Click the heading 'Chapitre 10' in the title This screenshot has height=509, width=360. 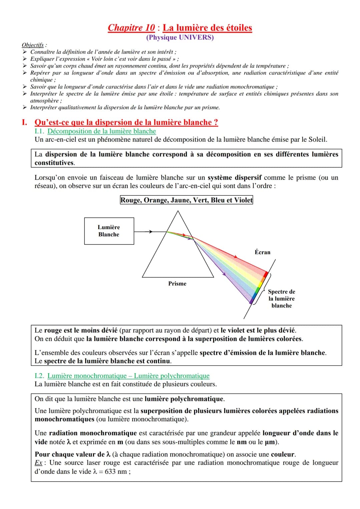[x=131, y=28]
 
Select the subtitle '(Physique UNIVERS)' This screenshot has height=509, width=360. [x=180, y=37]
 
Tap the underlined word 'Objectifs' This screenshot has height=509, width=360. [x=33, y=45]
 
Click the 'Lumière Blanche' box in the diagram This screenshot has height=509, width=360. [x=109, y=231]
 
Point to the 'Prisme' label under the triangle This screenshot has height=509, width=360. [x=177, y=283]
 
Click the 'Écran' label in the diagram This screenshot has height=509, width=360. [x=262, y=252]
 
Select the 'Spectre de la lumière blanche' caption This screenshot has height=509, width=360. [x=281, y=298]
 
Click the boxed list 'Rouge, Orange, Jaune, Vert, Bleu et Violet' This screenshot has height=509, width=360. [x=186, y=200]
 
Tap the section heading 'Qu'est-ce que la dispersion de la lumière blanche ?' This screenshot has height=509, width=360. [x=126, y=122]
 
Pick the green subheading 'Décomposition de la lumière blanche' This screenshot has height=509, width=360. [x=102, y=131]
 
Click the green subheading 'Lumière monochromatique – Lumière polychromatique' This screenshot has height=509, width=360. [x=128, y=376]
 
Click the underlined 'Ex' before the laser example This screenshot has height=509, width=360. [x=38, y=463]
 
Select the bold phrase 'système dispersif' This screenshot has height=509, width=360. [x=234, y=178]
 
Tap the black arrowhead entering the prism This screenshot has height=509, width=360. [x=151, y=232]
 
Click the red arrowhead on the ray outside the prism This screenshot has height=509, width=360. [x=235, y=257]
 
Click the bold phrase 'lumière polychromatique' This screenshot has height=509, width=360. [x=184, y=399]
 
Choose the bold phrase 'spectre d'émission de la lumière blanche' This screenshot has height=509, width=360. [x=262, y=352]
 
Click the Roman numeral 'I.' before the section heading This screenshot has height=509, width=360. [x=24, y=122]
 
